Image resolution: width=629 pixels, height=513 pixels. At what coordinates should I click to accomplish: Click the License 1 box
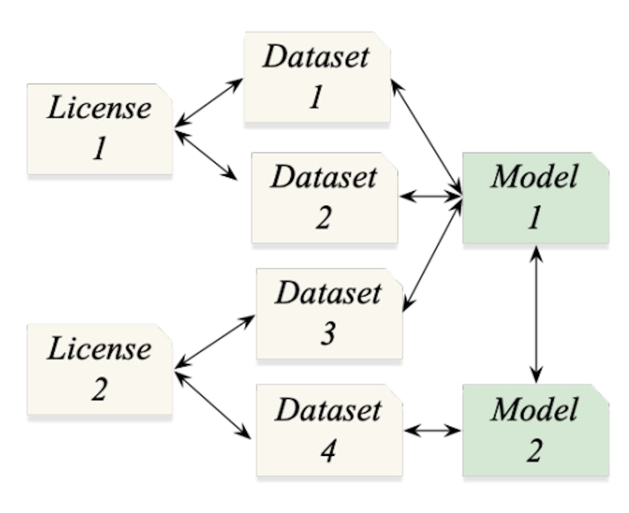click(100, 129)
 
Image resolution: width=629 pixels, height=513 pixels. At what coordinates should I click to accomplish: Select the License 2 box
click(100, 369)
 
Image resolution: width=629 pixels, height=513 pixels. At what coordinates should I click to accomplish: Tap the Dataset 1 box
click(317, 77)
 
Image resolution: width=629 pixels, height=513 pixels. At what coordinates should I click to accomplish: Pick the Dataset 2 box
click(324, 197)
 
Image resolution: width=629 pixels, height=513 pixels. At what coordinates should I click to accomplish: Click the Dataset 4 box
click(329, 430)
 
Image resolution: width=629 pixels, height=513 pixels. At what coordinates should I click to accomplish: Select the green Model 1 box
click(535, 197)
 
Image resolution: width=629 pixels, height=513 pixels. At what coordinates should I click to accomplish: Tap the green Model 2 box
click(535, 430)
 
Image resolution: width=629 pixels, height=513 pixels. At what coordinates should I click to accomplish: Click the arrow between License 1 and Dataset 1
click(209, 102)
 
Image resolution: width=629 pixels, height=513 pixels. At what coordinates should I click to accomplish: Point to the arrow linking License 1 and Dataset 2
click(206, 154)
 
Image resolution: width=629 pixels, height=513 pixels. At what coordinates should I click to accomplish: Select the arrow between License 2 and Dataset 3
click(215, 341)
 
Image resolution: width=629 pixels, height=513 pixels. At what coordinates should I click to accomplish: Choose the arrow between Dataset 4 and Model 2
click(433, 431)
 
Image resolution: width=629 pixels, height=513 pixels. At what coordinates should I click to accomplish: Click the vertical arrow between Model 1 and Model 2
click(536, 313)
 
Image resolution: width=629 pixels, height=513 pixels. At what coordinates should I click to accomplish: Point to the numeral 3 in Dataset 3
click(328, 334)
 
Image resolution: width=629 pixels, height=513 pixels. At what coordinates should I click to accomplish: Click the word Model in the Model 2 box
click(534, 410)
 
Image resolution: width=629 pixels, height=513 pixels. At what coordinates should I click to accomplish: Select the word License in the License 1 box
click(99, 108)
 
